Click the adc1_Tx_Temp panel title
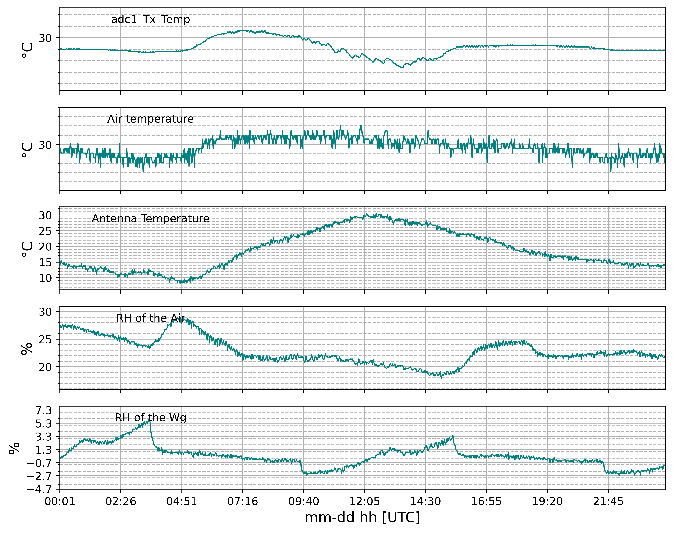pyautogui.click(x=150, y=19)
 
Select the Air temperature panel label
pyautogui.click(x=150, y=119)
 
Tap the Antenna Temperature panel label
pyautogui.click(x=150, y=218)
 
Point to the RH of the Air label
pyautogui.click(x=150, y=318)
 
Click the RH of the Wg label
pyautogui.click(x=150, y=418)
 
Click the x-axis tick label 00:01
pyautogui.click(x=60, y=501)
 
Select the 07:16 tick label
pyautogui.click(x=243, y=501)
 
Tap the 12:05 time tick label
pyautogui.click(x=364, y=501)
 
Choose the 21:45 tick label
pyautogui.click(x=608, y=501)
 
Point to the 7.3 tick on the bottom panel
pyautogui.click(x=44, y=411)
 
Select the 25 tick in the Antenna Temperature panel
pyautogui.click(x=45, y=231)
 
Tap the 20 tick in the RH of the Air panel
pyautogui.click(x=45, y=367)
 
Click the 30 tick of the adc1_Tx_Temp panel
pyautogui.click(x=45, y=38)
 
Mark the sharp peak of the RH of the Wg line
pyautogui.click(x=150, y=420)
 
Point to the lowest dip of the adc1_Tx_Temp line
pyautogui.click(x=402, y=67)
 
